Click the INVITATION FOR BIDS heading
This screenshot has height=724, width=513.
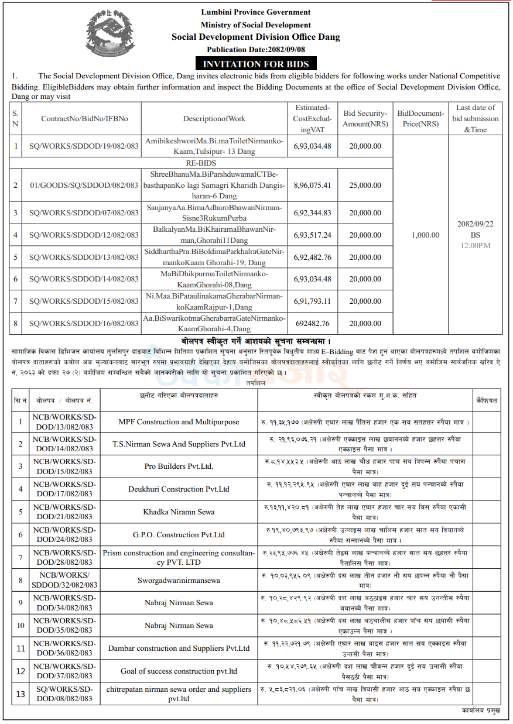coord(256,64)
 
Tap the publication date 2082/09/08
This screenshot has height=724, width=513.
coord(256,49)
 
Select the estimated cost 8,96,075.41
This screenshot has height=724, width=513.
coord(312,185)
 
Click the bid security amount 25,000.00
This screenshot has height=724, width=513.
coord(365,185)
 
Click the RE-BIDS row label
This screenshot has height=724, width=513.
coord(199,163)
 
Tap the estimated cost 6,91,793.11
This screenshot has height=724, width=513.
coord(312,301)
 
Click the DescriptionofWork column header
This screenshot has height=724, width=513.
coord(214,118)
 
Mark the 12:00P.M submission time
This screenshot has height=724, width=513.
coord(475,245)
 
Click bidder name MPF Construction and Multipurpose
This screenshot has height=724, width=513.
coord(179,421)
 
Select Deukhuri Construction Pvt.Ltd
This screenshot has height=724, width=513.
coord(179,489)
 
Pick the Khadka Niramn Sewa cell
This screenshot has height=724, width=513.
coord(179,512)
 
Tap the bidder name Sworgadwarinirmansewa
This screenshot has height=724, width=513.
coord(179,580)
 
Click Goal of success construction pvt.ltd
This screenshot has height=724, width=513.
coord(179,671)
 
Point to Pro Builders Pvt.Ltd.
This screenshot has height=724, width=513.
coord(179,466)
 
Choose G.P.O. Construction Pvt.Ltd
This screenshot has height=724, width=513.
coord(179,534)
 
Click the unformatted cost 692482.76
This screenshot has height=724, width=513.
coord(312,323)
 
